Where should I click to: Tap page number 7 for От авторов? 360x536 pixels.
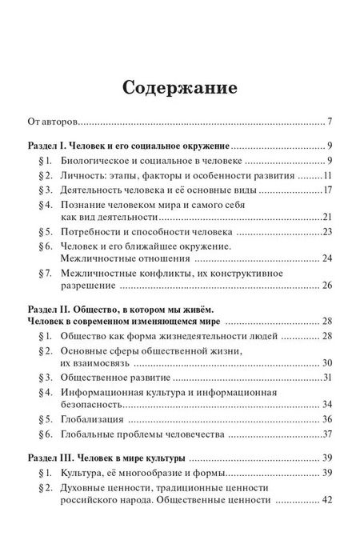(330, 122)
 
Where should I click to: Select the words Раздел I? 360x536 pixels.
(46, 147)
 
